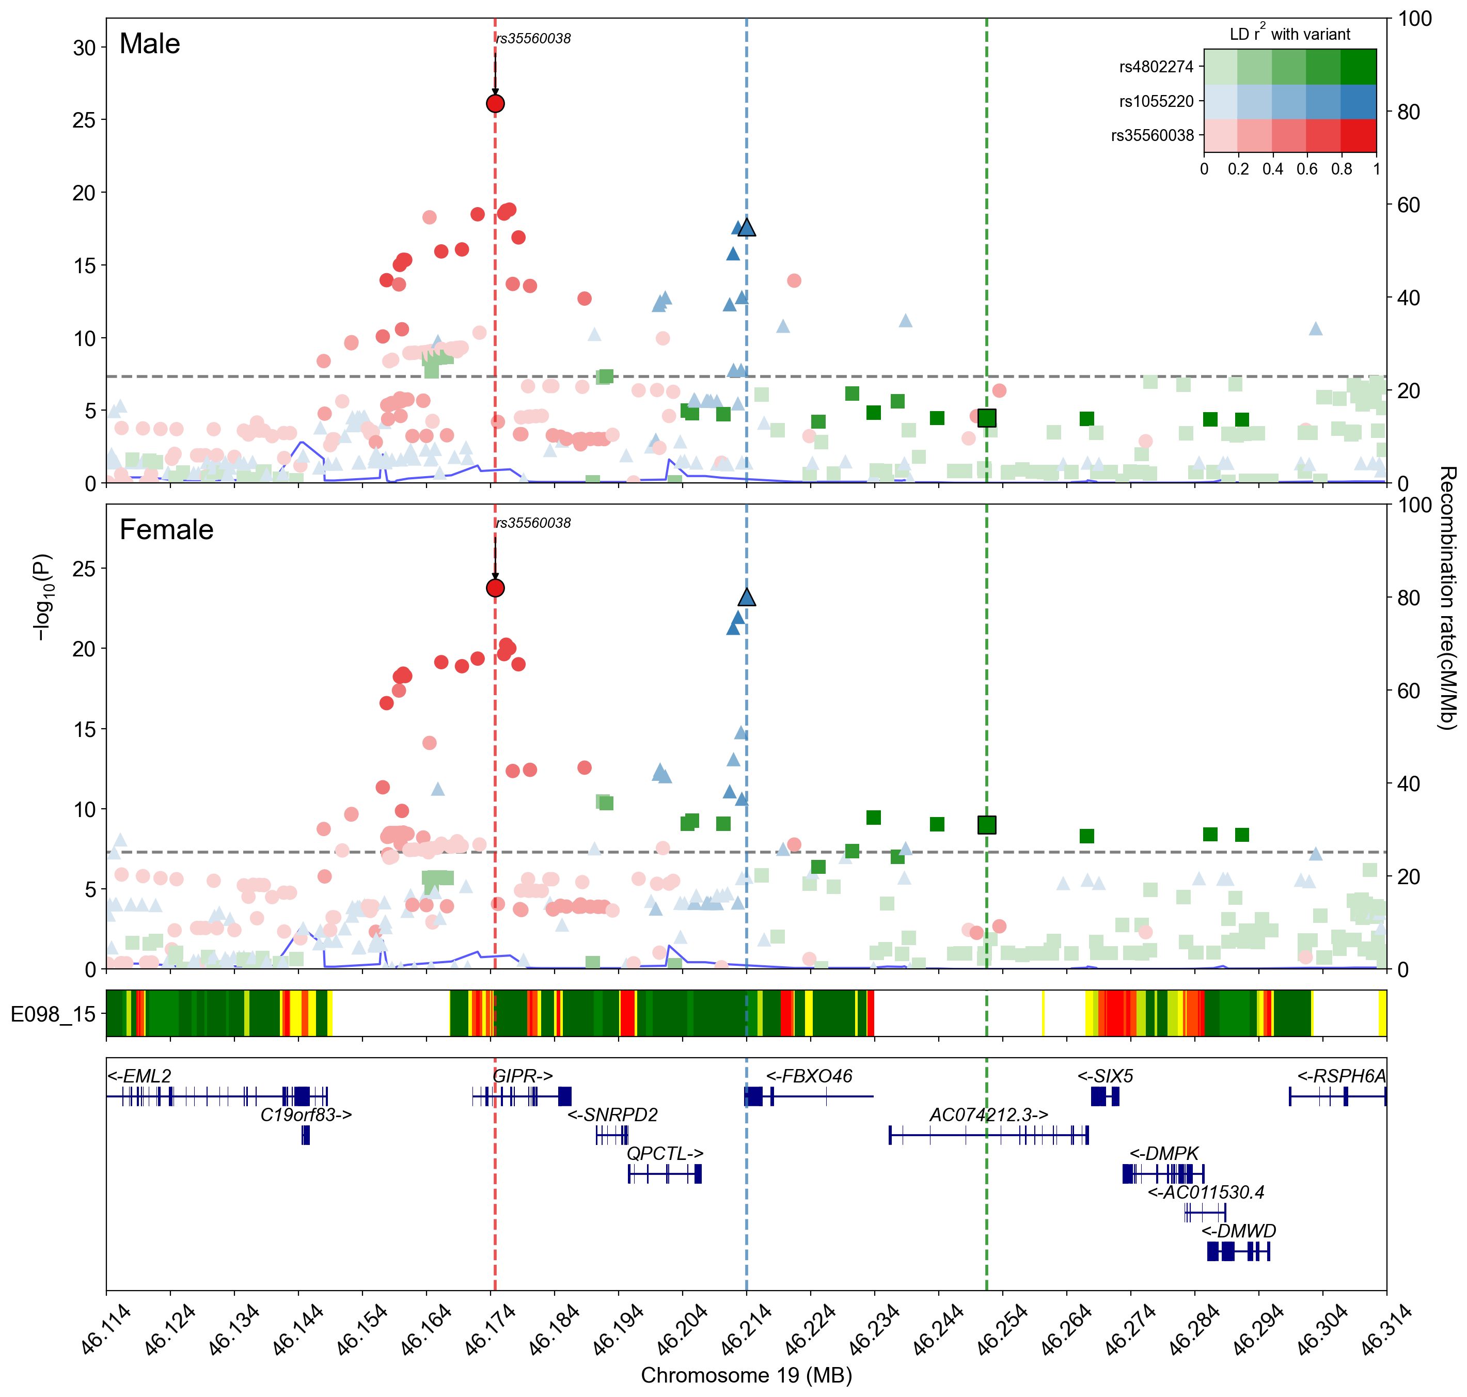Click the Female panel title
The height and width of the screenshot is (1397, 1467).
click(x=166, y=529)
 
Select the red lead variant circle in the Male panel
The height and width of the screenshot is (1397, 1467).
click(x=495, y=103)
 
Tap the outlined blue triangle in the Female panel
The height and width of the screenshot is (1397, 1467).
click(x=746, y=597)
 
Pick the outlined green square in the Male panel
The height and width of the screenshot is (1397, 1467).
click(x=987, y=418)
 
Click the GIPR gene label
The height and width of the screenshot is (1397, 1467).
click(x=523, y=1076)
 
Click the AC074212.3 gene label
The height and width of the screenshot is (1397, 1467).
click(x=988, y=1115)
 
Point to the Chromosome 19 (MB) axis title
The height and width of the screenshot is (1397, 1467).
click(x=746, y=1375)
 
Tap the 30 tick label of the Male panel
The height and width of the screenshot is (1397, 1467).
click(x=84, y=48)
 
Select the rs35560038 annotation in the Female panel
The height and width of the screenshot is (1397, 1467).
click(x=533, y=523)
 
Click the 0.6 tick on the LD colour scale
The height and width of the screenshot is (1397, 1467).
click(x=1307, y=169)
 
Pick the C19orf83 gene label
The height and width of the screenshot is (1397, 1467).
click(x=305, y=1115)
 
